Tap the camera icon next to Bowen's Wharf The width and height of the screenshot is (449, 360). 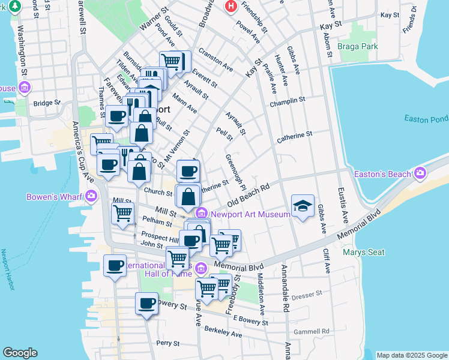[x=91, y=196]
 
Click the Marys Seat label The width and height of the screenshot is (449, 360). [x=363, y=252]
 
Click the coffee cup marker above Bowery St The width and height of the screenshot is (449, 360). [x=146, y=303]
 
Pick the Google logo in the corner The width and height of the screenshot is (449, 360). [x=20, y=352]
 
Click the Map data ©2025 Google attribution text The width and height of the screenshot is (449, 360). [x=411, y=355]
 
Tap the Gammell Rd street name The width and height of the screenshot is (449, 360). [x=312, y=331]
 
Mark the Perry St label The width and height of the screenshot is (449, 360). [x=167, y=343]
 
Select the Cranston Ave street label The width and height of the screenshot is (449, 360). [x=215, y=57]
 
